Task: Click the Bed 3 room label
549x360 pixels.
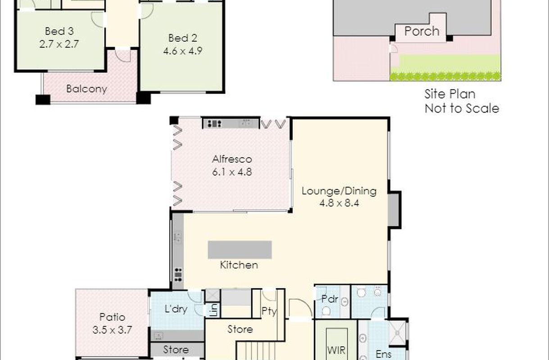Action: [59, 31]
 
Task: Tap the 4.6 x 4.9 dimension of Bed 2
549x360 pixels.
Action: [182, 51]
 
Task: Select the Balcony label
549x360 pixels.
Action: [87, 89]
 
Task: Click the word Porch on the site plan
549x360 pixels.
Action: [422, 31]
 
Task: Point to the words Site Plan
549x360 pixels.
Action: [450, 94]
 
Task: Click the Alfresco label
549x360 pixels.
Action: [232, 159]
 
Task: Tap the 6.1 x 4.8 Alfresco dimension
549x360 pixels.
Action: [232, 172]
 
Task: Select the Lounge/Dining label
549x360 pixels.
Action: [339, 191]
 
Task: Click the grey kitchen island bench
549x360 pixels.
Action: [240, 250]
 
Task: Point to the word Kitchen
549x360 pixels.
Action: [239, 265]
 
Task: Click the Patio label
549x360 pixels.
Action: [112, 317]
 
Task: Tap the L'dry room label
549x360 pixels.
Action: [176, 309]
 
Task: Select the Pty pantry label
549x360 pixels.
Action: [269, 311]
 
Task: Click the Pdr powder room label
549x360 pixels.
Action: [330, 299]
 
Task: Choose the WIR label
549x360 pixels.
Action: [336, 350]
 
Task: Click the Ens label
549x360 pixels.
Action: [383, 354]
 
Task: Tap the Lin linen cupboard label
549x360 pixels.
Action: [214, 311]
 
